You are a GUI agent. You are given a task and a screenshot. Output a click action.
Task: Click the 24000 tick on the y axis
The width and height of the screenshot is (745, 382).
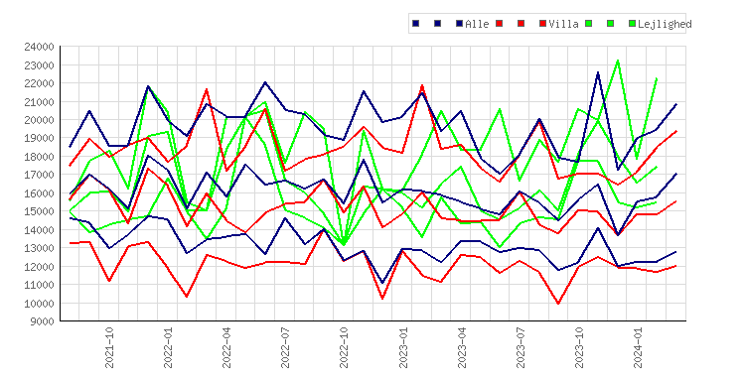[x=39, y=47]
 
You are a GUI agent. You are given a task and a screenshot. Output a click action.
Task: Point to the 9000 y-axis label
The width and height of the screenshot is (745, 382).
[x=42, y=321]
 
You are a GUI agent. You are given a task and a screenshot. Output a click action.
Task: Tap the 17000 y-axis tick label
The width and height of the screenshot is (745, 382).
[x=39, y=175]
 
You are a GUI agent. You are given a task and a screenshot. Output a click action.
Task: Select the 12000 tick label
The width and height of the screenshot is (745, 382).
[x=39, y=266]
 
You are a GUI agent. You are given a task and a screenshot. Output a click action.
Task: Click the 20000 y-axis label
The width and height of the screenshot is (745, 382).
[x=39, y=120]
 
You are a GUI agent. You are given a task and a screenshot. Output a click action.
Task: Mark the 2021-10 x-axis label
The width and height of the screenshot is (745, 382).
[x=109, y=347]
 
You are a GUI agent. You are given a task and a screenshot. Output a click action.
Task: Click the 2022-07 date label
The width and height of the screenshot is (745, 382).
[x=285, y=347]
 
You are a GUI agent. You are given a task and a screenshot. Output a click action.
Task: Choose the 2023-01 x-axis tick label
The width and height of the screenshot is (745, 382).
[x=403, y=347]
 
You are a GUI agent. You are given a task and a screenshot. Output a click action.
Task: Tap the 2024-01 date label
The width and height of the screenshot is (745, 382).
[x=638, y=347]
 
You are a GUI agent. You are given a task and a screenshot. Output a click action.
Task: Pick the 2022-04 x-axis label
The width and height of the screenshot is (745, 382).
[x=226, y=347]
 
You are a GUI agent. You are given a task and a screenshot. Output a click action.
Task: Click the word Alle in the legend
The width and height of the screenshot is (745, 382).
[x=477, y=24]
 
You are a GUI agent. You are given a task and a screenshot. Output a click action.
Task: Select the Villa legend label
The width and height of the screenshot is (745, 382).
[x=563, y=24]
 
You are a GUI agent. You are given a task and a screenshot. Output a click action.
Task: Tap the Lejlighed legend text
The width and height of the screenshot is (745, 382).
[x=665, y=24]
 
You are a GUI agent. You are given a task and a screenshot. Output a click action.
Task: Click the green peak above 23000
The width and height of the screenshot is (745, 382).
[x=618, y=61]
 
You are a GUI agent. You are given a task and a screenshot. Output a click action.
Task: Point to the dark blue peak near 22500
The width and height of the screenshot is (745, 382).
[x=598, y=72]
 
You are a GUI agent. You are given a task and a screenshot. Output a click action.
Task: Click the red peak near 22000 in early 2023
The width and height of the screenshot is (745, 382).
[x=422, y=85]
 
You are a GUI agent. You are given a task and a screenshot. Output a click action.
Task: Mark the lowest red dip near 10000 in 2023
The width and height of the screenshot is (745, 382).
[x=558, y=304]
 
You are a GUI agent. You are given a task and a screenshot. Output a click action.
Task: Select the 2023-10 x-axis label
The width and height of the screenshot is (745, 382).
[x=579, y=347]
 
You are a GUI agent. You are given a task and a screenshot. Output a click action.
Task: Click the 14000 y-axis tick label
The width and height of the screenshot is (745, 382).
[x=39, y=229]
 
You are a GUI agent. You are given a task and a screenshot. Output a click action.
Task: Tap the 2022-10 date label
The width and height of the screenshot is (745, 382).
[x=344, y=347]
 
